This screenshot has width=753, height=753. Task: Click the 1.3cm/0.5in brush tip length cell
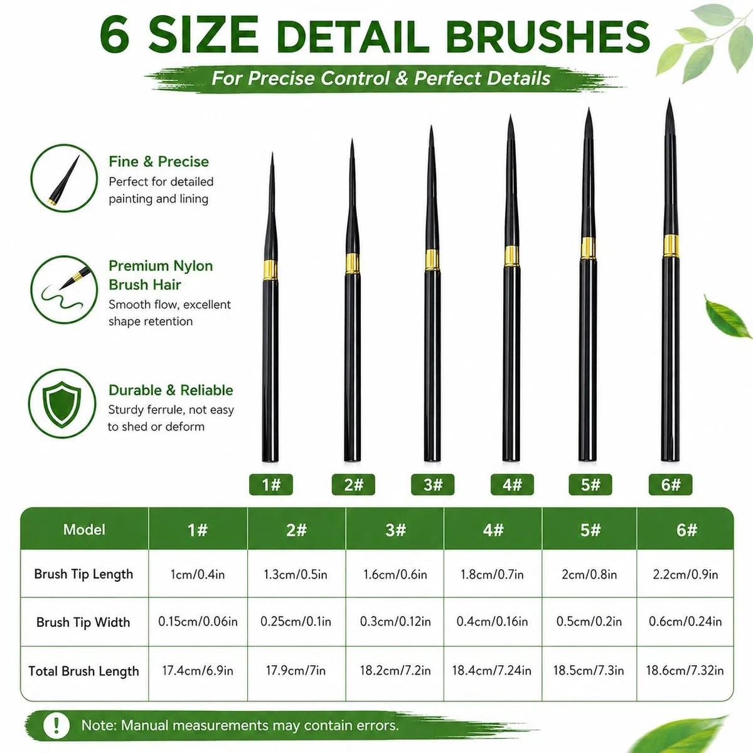coord(296,574)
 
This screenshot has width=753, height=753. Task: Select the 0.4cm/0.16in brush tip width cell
coord(493,621)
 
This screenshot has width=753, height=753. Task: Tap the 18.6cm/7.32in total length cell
coord(685,671)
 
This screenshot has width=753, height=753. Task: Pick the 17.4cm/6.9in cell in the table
coord(198,671)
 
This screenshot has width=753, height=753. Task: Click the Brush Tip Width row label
coord(83,622)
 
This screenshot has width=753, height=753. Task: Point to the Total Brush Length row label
coord(83,671)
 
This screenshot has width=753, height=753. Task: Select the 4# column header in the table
coord(493,530)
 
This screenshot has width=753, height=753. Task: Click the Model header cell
coord(85,530)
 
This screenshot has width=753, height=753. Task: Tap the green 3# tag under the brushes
coord(432,484)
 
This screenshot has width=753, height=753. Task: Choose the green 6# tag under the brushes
coord(671,484)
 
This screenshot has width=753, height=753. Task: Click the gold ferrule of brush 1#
coord(270,270)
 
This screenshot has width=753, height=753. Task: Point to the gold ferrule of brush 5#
coord(588,248)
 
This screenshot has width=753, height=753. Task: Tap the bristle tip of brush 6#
coord(670,99)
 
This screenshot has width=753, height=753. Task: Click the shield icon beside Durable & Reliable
coord(61,403)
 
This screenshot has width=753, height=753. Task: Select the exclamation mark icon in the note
coord(56,725)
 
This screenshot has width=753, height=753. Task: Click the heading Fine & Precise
coord(159,161)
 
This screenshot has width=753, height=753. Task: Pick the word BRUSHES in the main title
coord(548,36)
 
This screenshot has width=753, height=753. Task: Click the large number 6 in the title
coord(114,35)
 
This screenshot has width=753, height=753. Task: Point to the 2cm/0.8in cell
coord(589,574)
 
